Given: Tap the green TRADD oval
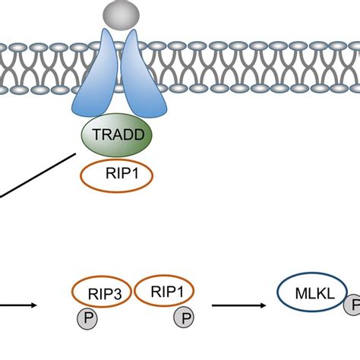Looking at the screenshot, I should [117, 137].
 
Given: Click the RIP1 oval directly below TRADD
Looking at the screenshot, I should [117, 176].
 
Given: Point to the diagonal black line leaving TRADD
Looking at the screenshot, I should [38, 175].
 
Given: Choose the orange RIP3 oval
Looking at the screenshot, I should [102, 292].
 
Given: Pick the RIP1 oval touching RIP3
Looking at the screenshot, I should [165, 292].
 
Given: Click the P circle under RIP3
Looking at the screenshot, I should [90, 317].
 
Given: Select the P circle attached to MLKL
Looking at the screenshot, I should [354, 307].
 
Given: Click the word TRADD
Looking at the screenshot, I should [117, 137].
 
